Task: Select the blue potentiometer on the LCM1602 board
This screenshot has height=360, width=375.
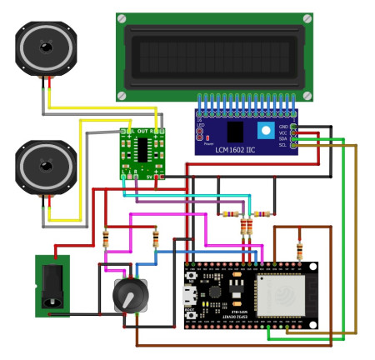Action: (x=266, y=131)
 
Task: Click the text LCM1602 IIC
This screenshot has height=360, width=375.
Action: (x=243, y=147)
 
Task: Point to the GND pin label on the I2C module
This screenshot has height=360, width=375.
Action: (x=294, y=126)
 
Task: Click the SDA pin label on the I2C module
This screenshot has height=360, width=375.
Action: (x=294, y=138)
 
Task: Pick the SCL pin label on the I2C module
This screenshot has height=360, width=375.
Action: (x=294, y=145)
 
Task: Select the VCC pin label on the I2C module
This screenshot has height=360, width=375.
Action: (x=294, y=132)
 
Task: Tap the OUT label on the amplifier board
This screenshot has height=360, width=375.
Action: (x=142, y=132)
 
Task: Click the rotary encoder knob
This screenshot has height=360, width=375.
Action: (x=130, y=294)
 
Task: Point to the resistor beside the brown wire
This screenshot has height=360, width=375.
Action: (x=299, y=249)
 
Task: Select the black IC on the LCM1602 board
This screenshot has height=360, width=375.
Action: (x=235, y=132)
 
